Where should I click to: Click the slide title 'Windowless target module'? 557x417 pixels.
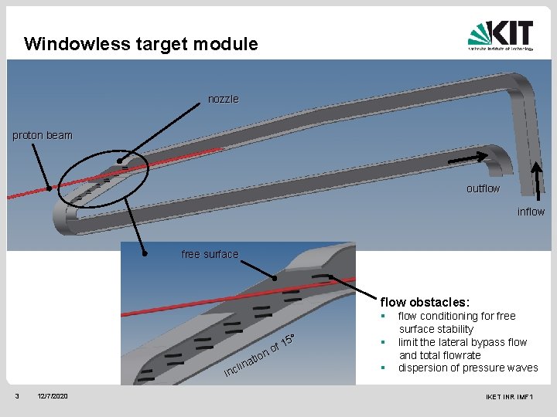pos(141,44)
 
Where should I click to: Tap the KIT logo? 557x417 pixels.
pos(501,36)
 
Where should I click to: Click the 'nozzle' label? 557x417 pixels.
pos(224,99)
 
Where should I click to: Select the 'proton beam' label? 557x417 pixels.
pos(43,135)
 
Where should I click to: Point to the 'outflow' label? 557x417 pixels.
pos(483,188)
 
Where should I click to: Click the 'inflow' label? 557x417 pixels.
pos(531,212)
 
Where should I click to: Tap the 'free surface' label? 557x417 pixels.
pos(210,254)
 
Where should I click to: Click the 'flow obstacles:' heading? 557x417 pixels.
pos(425,302)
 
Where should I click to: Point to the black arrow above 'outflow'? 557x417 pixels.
pos(469,158)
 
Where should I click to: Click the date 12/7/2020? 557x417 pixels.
pos(53,396)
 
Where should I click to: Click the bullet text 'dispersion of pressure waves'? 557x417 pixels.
pos(467,368)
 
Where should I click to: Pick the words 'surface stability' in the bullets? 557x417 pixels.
pos(436,329)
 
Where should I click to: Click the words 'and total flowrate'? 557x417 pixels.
pos(439,355)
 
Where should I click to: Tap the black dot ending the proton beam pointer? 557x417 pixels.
pos(48,187)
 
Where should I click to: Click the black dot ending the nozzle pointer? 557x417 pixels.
pos(119,162)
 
